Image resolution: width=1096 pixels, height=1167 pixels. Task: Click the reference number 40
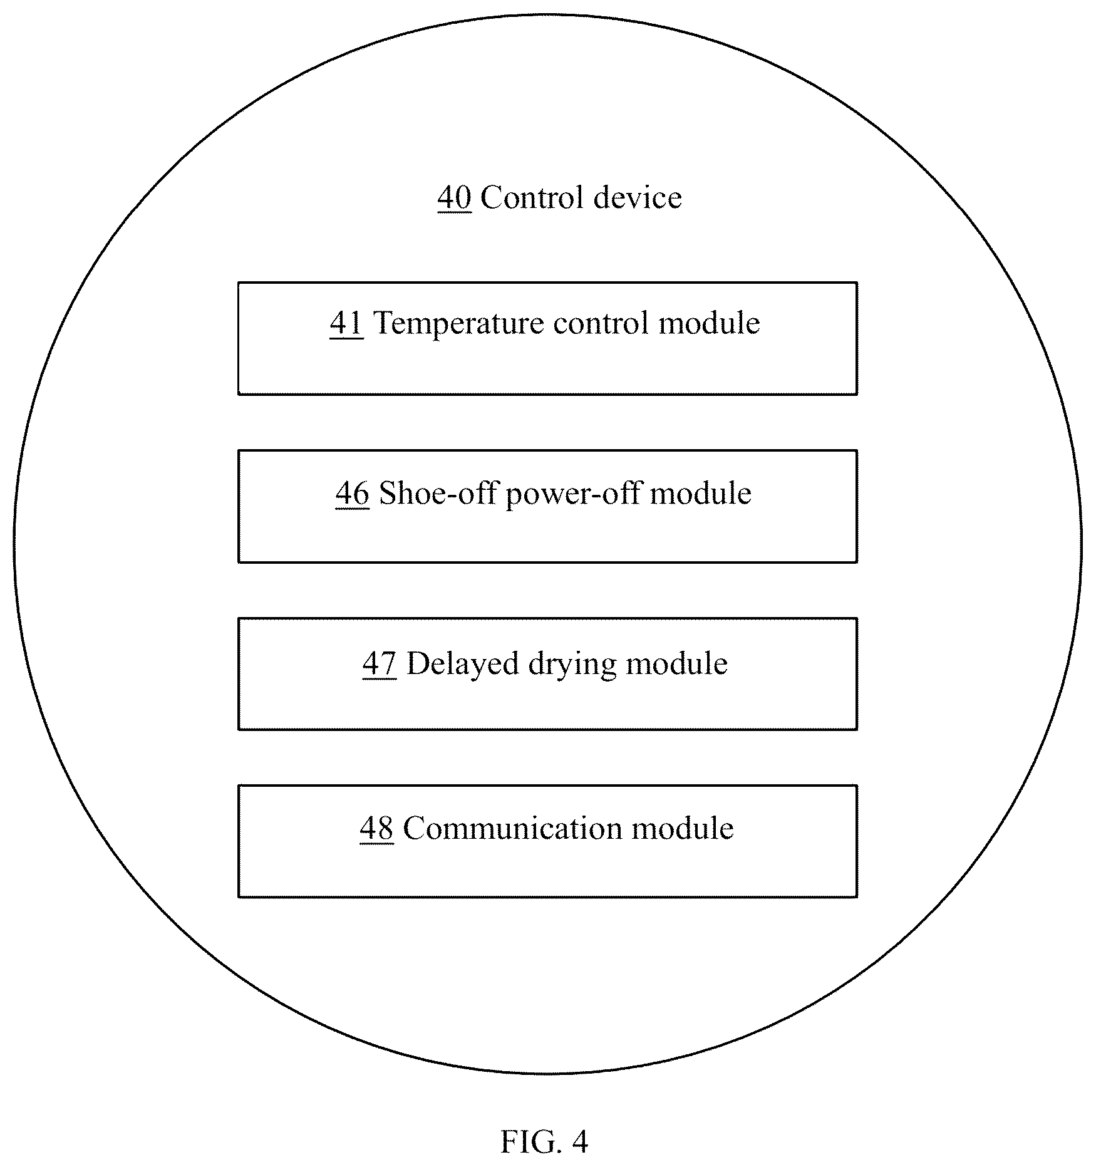coord(454,198)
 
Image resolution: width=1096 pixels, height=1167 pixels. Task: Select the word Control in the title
coord(532,197)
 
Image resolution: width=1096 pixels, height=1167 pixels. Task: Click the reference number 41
coord(346,324)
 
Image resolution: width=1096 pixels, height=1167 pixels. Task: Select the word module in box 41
coord(709,323)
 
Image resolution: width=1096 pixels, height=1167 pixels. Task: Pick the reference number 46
coord(352,494)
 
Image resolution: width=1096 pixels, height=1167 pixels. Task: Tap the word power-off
coord(573,494)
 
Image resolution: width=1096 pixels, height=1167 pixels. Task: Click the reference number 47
coord(380,664)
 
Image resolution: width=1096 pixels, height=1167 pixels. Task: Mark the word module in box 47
coord(677,663)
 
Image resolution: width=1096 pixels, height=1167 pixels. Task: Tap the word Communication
coord(513,828)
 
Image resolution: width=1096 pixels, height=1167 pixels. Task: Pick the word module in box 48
coord(683,828)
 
